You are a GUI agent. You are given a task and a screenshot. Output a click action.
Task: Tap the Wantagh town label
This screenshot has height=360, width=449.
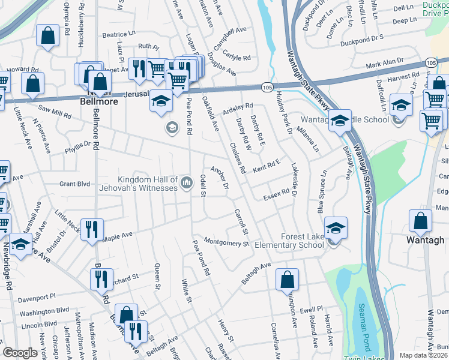[426, 241]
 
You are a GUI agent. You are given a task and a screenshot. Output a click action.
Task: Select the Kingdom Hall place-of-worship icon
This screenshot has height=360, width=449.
[187, 181]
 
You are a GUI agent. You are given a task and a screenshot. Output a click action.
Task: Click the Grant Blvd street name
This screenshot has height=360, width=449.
[74, 184]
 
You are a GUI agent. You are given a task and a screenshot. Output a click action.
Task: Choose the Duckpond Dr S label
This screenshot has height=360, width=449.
[361, 38]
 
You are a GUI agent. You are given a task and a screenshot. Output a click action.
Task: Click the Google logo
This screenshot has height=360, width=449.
[20, 353]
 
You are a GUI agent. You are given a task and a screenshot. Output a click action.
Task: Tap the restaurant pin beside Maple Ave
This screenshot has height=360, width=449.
[92, 228]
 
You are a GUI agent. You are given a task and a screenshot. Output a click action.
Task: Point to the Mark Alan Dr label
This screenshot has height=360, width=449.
[385, 62]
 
